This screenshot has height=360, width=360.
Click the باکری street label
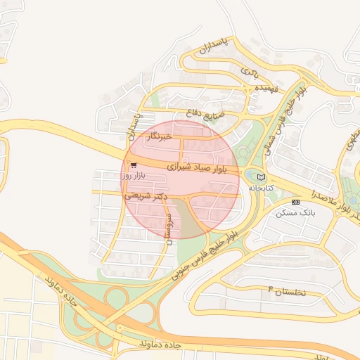(250, 71)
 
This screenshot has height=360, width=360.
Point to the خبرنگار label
(157, 137)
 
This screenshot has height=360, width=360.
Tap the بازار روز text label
(111, 174)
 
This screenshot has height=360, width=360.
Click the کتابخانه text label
(261, 188)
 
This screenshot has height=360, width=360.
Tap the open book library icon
(262, 177)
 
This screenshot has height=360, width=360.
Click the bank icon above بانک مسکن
(295, 202)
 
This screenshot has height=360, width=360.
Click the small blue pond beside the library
(250, 175)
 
